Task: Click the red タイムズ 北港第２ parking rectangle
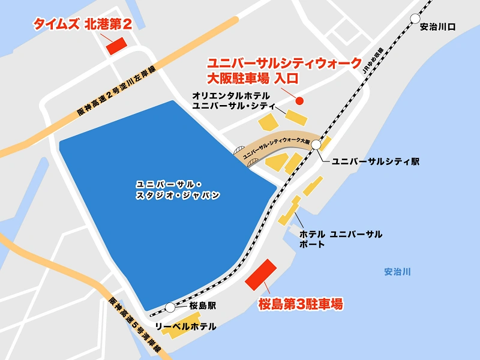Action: pyautogui.click(x=115, y=46)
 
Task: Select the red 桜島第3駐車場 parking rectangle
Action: pyautogui.click(x=262, y=274)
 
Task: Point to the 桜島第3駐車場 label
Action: pyautogui.click(x=300, y=304)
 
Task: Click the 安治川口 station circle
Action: pyautogui.click(x=415, y=19)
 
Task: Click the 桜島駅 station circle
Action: pyautogui.click(x=170, y=307)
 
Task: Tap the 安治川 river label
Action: pyautogui.click(x=397, y=272)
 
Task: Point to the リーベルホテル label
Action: pyautogui.click(x=185, y=327)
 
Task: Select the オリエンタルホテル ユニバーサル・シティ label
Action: pyautogui.click(x=232, y=100)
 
